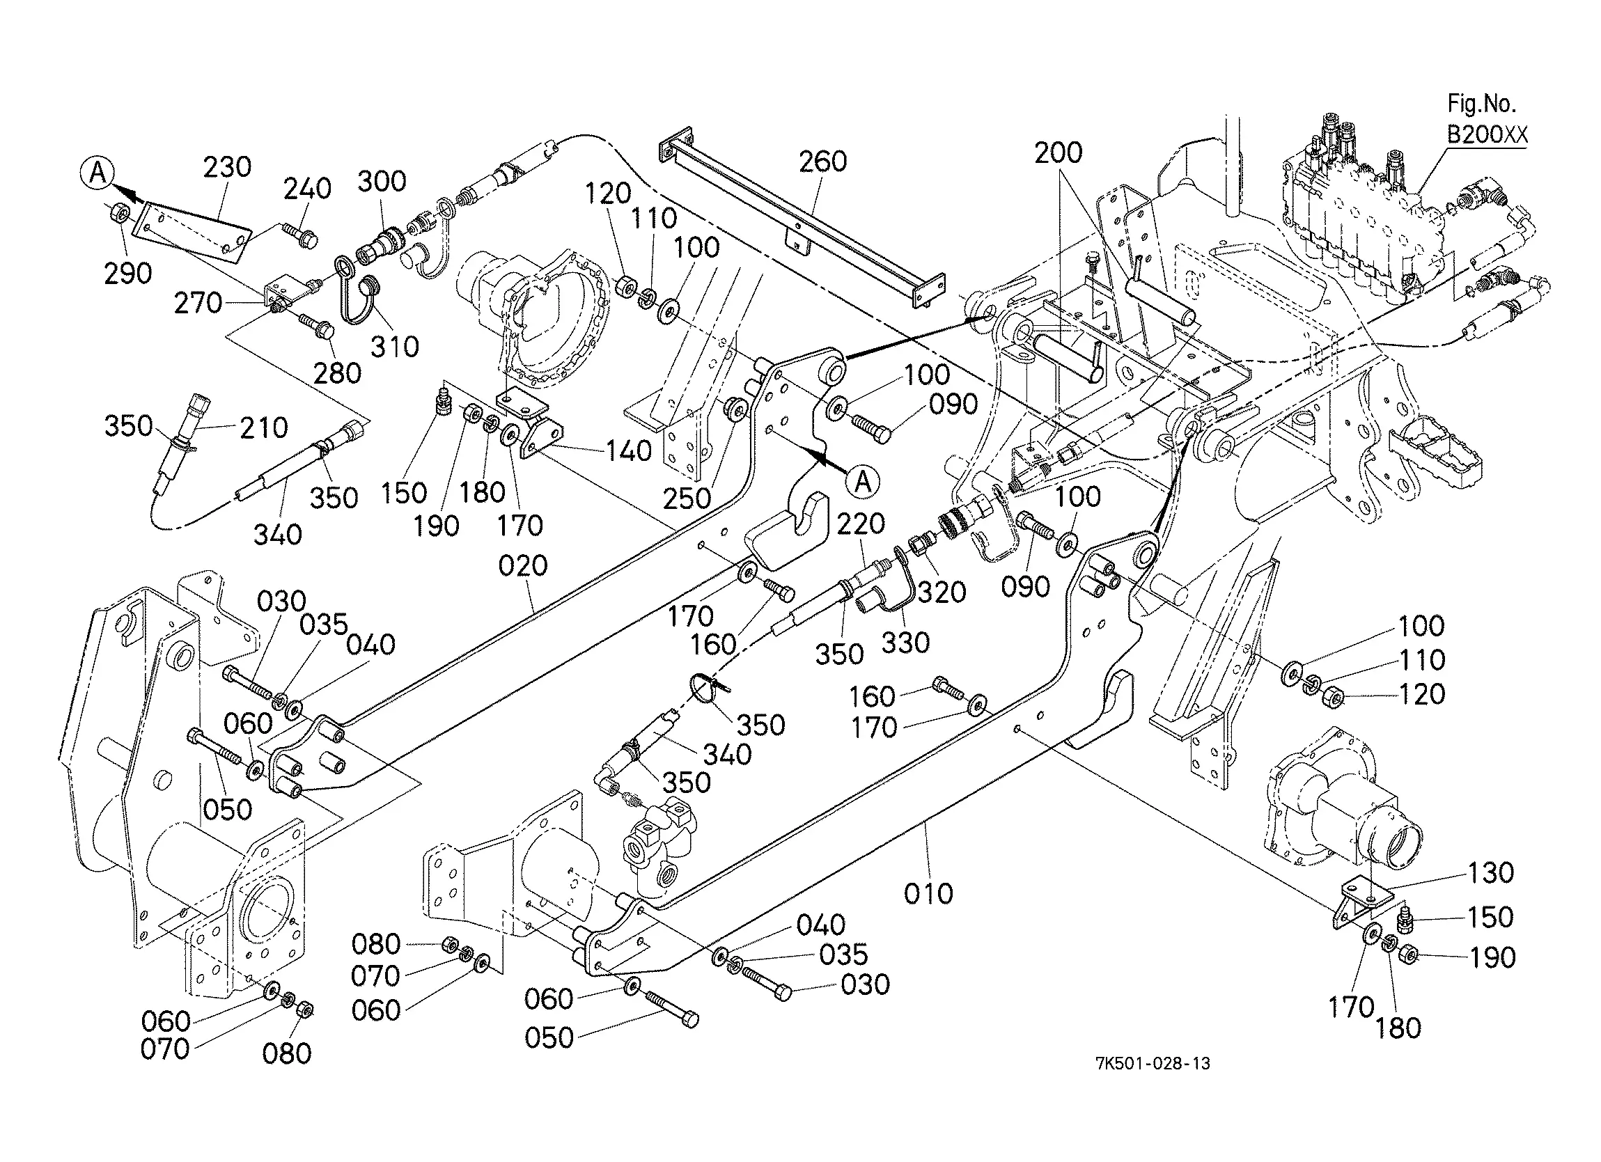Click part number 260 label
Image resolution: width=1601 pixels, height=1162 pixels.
click(x=823, y=162)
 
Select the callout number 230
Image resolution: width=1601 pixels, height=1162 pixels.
click(x=227, y=167)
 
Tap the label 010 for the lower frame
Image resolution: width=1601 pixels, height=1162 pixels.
click(x=929, y=894)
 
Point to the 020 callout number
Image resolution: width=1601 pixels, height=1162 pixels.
click(x=523, y=565)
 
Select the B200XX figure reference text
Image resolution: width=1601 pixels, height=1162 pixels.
click(x=1487, y=134)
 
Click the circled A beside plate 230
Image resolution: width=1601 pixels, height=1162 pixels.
click(x=98, y=172)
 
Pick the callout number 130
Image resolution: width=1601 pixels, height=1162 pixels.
click(x=1490, y=873)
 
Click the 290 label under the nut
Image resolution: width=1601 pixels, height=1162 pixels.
click(x=127, y=274)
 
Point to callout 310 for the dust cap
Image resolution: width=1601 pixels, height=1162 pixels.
click(x=395, y=347)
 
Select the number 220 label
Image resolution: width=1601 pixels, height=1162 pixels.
click(x=861, y=524)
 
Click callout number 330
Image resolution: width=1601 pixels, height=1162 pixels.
click(x=906, y=643)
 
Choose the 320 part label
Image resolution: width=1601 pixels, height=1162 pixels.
click(x=942, y=593)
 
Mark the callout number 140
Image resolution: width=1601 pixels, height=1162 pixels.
click(x=629, y=451)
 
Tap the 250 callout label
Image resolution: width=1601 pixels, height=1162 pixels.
click(x=687, y=499)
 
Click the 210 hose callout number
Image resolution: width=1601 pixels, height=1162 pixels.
click(x=264, y=427)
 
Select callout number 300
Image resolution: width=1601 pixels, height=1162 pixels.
click(x=382, y=182)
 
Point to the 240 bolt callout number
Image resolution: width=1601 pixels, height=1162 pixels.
click(x=307, y=189)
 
